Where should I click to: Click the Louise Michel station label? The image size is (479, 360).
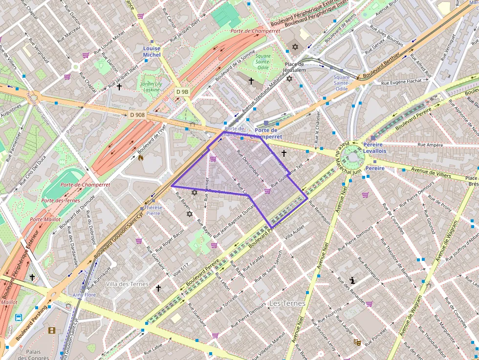tap(152, 52)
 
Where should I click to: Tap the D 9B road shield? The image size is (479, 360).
tap(182, 92)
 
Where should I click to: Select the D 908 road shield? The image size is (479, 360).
tap(137, 115)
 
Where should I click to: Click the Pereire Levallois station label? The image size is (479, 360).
tap(374, 148)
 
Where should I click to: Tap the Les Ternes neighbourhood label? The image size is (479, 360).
tap(287, 303)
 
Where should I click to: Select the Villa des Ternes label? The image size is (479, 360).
tap(127, 284)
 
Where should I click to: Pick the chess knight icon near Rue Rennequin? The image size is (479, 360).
tap(352, 280)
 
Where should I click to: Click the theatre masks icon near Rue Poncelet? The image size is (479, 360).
tap(357, 342)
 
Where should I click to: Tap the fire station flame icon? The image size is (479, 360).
tap(141, 158)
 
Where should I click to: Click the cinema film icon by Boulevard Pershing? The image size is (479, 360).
tap(52, 330)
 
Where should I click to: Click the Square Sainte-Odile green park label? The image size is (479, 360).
tap(263, 62)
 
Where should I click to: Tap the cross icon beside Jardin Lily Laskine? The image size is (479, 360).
tap(119, 87)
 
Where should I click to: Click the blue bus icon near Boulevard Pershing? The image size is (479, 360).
tap(19, 318)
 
